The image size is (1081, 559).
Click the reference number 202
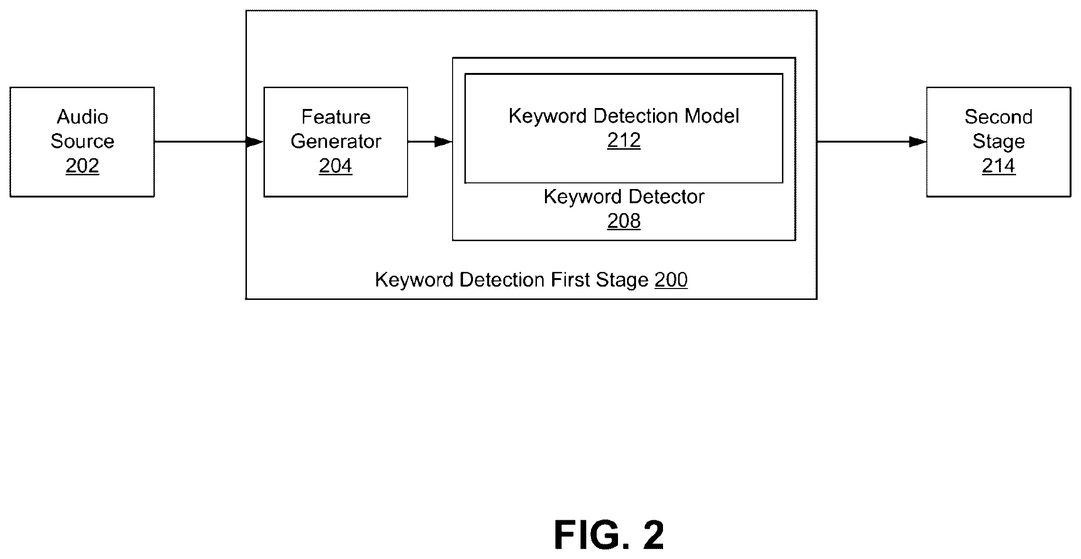[82, 166]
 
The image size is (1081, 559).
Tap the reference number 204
[336, 166]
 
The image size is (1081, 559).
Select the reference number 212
[624, 140]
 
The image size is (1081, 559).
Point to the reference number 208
[624, 221]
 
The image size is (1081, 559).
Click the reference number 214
[999, 166]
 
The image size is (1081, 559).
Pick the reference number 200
[671, 280]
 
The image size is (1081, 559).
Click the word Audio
[82, 117]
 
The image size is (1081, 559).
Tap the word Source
[82, 141]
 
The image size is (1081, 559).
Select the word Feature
[336, 117]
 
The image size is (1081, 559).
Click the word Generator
[336, 141]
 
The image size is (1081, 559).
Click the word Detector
[666, 197]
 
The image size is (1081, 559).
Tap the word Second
[999, 117]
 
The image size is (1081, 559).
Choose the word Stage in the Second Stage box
[999, 142]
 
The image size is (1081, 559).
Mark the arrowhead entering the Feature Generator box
[255, 142]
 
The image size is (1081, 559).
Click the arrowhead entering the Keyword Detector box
[443, 142]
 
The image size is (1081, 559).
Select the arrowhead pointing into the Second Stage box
[917, 142]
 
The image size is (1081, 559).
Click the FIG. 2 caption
[609, 535]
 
